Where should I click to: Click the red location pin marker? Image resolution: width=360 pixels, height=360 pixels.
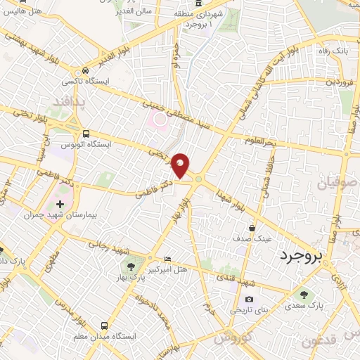click(x=181, y=165)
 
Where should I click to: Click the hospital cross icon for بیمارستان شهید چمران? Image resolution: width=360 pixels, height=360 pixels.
click(x=60, y=205)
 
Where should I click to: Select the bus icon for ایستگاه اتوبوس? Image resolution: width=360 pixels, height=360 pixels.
click(x=86, y=134)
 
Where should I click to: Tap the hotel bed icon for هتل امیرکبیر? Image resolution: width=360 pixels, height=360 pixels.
click(x=167, y=259)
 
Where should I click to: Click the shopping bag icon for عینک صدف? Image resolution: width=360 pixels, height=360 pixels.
click(x=252, y=228)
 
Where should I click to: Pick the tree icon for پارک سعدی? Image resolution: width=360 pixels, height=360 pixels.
click(x=304, y=295)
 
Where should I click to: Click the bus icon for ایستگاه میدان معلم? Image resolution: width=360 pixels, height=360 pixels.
click(x=105, y=326)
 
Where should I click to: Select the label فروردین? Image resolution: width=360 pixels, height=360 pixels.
click(x=340, y=82)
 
